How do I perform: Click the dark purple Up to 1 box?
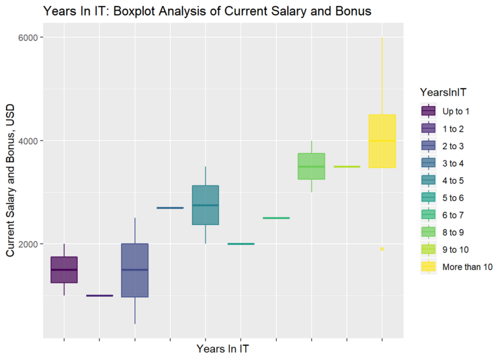(x=64, y=269)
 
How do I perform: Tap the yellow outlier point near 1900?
(x=382, y=249)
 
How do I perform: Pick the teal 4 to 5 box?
(x=205, y=205)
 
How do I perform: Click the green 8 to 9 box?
(x=311, y=166)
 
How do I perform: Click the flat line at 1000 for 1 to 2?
(x=99, y=296)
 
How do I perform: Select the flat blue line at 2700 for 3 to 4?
(x=170, y=208)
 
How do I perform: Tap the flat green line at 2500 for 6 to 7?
(x=276, y=218)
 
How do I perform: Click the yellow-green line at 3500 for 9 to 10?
(x=347, y=166)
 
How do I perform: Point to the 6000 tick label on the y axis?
(x=26, y=38)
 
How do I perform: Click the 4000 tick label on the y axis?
(x=26, y=141)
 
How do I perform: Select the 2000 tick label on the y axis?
(x=26, y=244)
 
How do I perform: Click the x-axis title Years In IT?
(x=223, y=349)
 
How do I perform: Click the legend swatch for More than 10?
(x=427, y=267)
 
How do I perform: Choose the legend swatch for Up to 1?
(x=427, y=111)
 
